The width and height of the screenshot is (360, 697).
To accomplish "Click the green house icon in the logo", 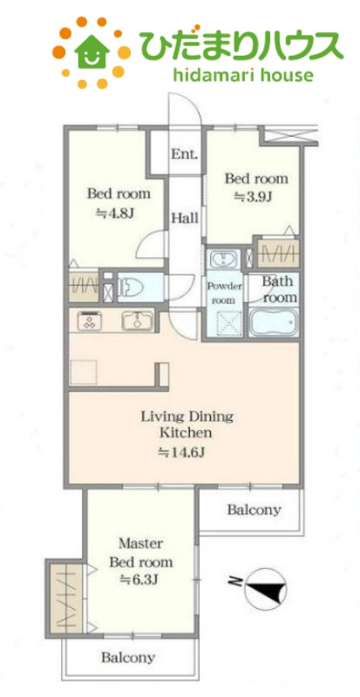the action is (x=92, y=51).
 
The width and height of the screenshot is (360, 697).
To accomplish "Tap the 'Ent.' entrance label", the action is (x=185, y=154).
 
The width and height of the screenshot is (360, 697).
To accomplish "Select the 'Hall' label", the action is (x=185, y=219).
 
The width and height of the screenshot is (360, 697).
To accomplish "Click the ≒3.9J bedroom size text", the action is (x=253, y=197).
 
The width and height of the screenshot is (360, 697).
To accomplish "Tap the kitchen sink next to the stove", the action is (x=137, y=321).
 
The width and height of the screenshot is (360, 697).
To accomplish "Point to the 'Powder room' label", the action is (x=224, y=293).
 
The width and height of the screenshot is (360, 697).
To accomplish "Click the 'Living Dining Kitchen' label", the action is (x=187, y=424).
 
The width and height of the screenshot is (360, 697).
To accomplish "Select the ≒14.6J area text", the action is (x=181, y=452).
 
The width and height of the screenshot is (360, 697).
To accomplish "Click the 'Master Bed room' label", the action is (x=141, y=552).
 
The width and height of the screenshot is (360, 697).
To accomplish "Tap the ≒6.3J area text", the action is (x=139, y=579).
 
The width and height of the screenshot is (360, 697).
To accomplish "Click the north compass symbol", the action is (x=264, y=589).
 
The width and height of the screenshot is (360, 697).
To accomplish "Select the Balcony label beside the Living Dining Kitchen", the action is (x=254, y=510).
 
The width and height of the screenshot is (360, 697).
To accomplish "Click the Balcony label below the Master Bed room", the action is (x=128, y=657).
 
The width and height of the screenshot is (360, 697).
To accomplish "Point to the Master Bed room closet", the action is (x=65, y=598).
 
